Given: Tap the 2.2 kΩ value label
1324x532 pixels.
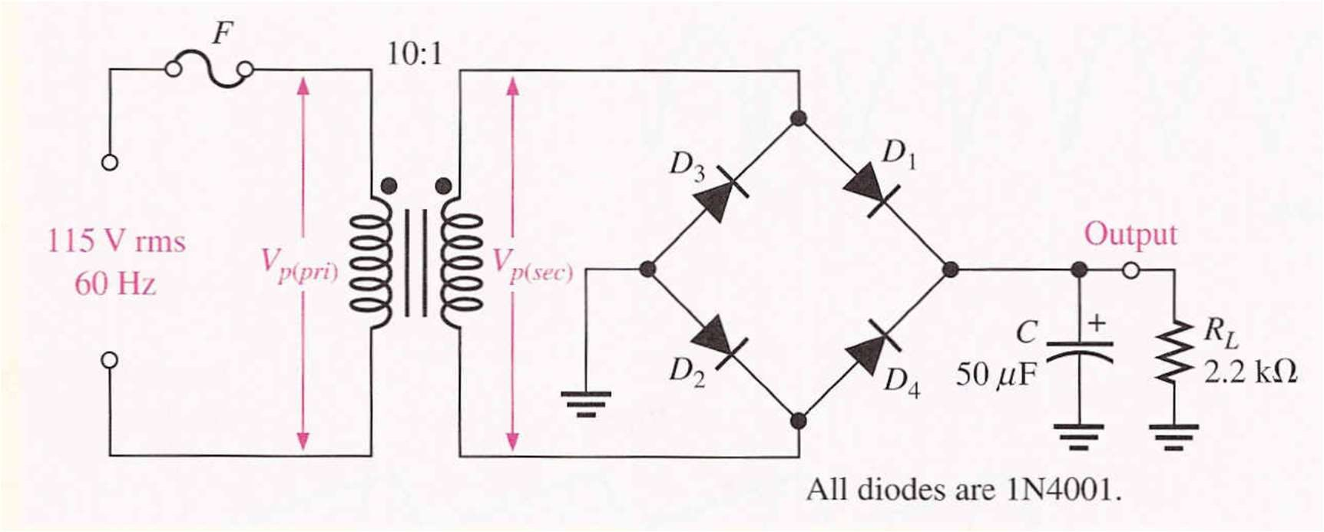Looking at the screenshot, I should coord(1250,373).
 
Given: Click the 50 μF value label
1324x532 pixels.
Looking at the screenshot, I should coord(996,375).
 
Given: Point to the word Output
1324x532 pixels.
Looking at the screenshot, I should coord(1130,234).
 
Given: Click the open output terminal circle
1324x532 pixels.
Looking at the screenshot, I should coord(1130,270).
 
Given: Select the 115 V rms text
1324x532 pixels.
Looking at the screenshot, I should coord(116,242).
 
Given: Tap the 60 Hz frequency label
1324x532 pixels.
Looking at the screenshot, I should coord(115,285).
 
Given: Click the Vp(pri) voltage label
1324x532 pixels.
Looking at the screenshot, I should coord(299,264).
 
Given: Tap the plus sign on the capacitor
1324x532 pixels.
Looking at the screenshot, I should coord(1097,322).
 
